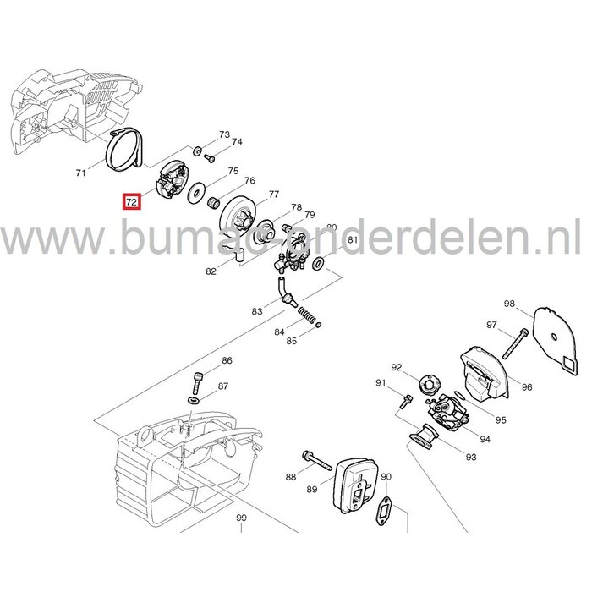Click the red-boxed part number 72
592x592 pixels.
131,203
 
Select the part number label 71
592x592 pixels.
81,173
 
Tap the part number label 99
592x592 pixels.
241,518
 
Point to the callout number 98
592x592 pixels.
508,304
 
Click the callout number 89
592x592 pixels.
311,489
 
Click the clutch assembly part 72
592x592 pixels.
172,181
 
